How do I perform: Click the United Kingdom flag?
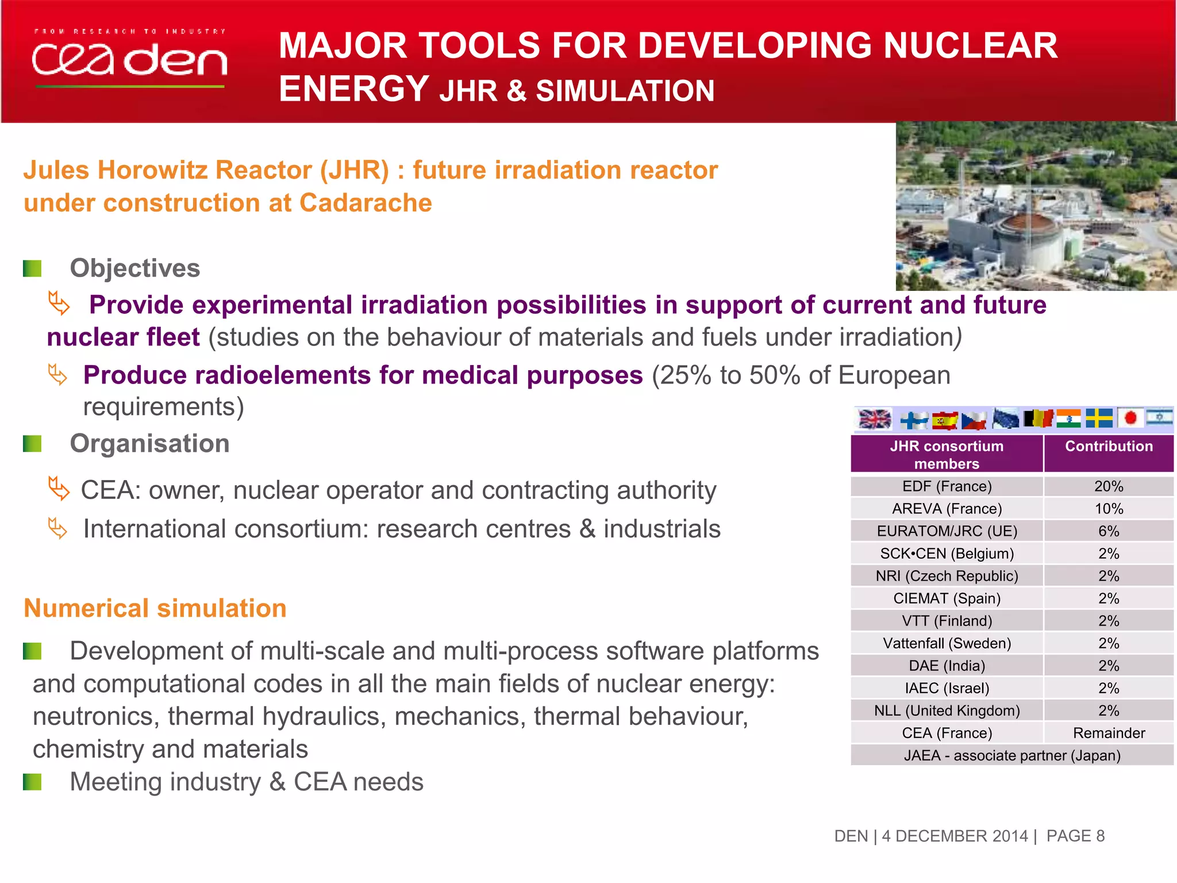(874, 419)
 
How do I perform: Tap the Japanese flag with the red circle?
(1130, 418)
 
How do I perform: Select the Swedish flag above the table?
(1099, 418)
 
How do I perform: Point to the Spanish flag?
(944, 421)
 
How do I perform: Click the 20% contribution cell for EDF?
(1109, 486)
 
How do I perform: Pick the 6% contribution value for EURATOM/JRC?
(1109, 531)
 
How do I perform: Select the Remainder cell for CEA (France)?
(1109, 733)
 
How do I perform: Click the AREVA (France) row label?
(947, 509)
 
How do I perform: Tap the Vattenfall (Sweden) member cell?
(947, 643)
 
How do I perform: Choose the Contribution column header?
(1109, 447)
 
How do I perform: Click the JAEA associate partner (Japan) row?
(1012, 755)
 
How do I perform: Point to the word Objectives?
(135, 268)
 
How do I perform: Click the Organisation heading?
(149, 444)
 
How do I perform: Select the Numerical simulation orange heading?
(155, 608)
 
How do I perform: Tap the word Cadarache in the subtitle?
(366, 203)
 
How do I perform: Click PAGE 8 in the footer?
(1075, 836)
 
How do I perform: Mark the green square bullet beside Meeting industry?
(32, 782)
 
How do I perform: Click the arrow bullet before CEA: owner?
(59, 489)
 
